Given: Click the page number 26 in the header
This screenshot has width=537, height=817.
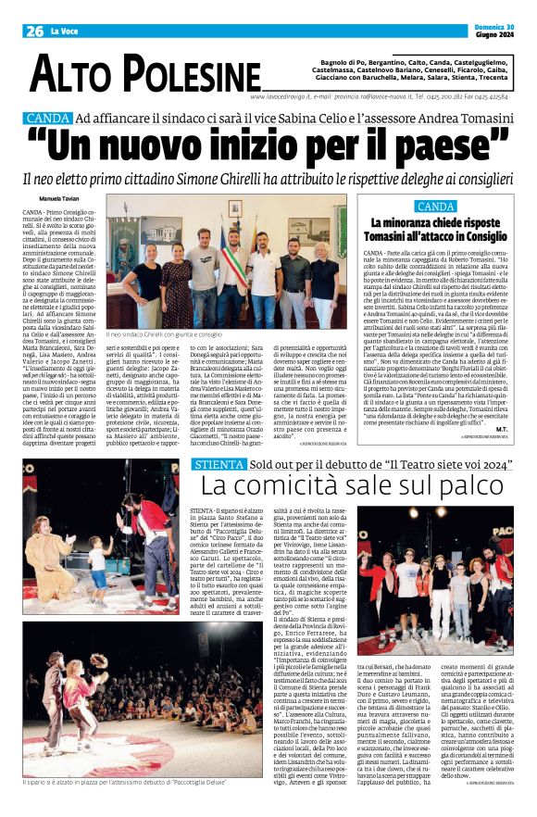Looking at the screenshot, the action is coord(34,31).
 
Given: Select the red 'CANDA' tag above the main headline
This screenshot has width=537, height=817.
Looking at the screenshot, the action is coord(48,119).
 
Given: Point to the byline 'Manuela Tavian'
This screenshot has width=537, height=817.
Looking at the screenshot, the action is coord(57,199).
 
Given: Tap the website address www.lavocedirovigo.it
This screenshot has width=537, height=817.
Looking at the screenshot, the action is coord(282,95).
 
